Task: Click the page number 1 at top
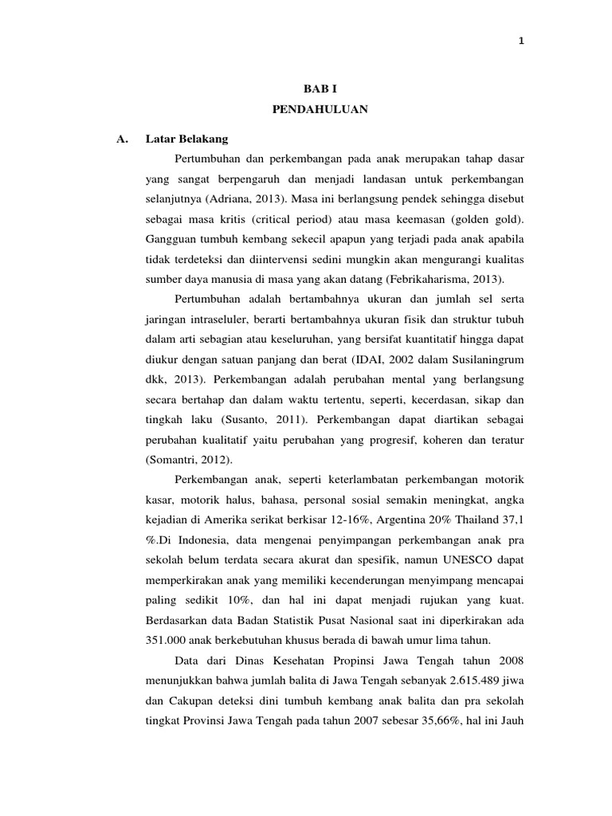[x=520, y=42]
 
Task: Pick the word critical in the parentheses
[x=273, y=218]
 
